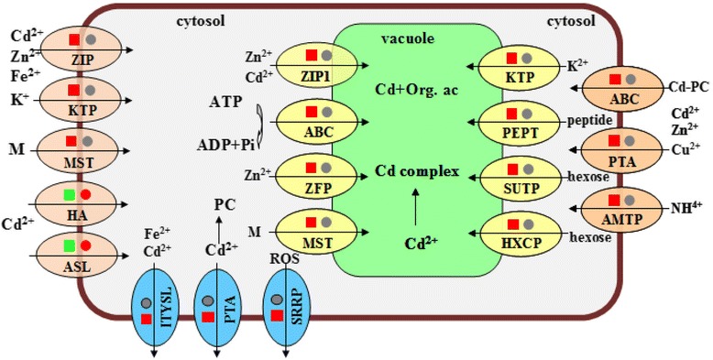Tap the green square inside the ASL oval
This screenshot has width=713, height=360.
[70, 245]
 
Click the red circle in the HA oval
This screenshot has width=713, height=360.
[85, 195]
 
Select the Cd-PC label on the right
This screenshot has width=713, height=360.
[675, 88]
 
